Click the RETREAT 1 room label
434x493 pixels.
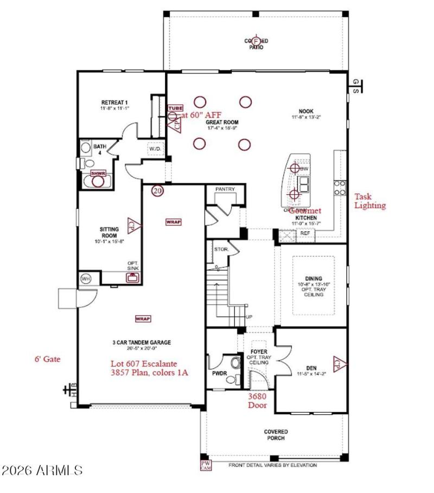(x=114, y=102)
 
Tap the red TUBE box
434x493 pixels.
(x=175, y=108)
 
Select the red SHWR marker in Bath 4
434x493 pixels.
(x=98, y=173)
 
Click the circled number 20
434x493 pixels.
(x=157, y=191)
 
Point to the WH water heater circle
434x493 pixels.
(x=86, y=279)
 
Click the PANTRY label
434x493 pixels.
(x=224, y=189)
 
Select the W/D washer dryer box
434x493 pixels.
(x=155, y=149)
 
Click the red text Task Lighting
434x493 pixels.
(x=370, y=201)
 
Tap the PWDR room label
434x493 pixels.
(x=218, y=374)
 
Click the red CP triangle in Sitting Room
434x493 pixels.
(x=131, y=223)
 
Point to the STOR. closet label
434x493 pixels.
(x=220, y=250)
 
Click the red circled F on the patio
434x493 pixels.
(x=257, y=41)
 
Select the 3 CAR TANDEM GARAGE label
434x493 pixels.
(x=142, y=342)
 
